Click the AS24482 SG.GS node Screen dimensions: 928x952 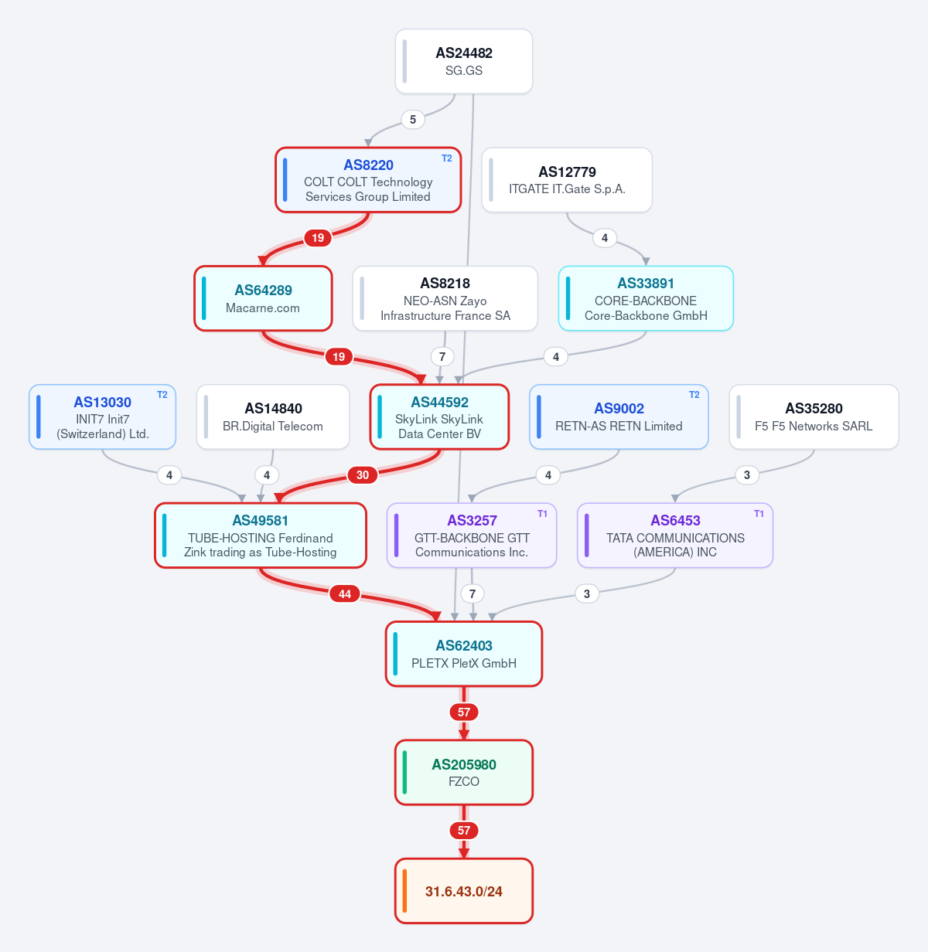tap(464, 61)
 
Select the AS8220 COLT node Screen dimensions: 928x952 tap(368, 180)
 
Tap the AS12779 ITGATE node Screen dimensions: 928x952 tap(567, 180)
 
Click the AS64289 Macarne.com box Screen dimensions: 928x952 tap(263, 298)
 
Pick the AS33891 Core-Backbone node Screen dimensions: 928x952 tap(646, 298)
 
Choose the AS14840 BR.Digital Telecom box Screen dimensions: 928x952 tap(273, 416)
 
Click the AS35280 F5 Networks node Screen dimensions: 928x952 tap(814, 416)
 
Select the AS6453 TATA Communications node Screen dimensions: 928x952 tap(675, 535)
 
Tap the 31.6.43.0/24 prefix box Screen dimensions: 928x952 tap(464, 891)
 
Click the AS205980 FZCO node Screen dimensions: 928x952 tap(464, 772)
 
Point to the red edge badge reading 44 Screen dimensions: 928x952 tap(345, 594)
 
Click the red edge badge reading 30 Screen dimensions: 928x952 tap(363, 475)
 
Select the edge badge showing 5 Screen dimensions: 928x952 tap(413, 119)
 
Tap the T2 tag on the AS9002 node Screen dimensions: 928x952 tap(694, 395)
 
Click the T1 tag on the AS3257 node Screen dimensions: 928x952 tap(542, 514)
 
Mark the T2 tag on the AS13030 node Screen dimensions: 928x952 tap(162, 395)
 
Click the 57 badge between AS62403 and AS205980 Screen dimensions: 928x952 tap(464, 712)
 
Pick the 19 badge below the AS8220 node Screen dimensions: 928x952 tap(318, 238)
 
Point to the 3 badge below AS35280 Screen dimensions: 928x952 tap(747, 475)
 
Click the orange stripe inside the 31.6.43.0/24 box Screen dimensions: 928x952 tap(404, 891)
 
